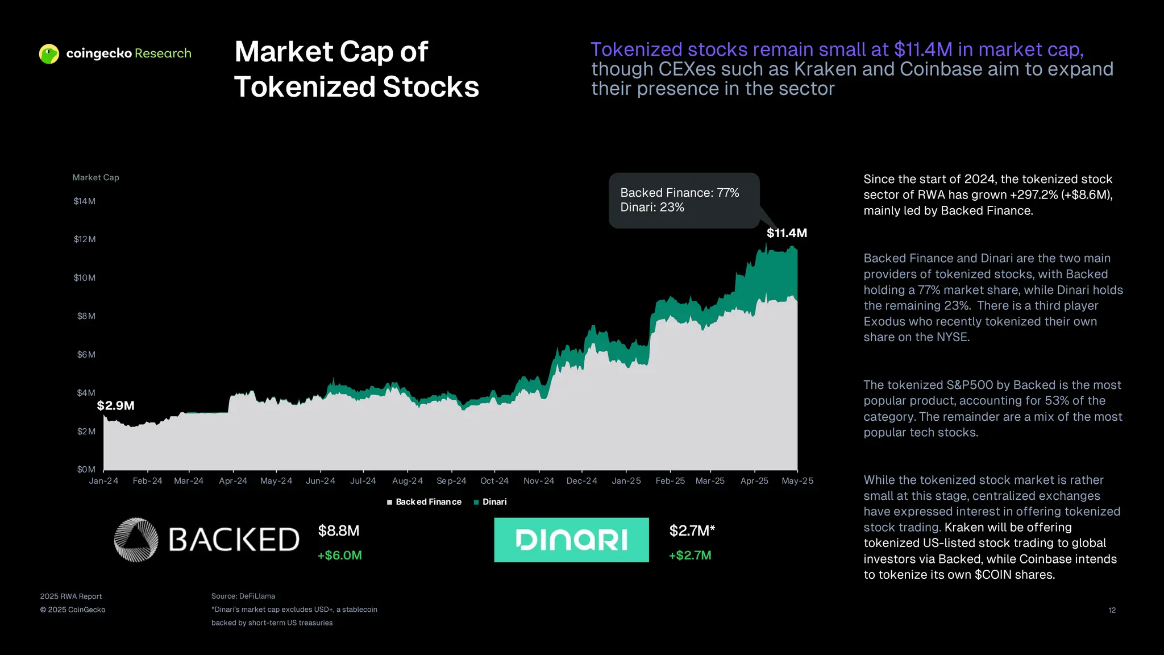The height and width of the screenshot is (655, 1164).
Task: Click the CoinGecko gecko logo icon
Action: click(49, 54)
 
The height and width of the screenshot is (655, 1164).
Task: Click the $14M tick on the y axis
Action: click(84, 201)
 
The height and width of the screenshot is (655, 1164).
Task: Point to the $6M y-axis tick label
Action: click(86, 355)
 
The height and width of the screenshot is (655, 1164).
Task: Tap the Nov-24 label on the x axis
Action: click(538, 481)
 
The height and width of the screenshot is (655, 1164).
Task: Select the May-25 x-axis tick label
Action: click(797, 481)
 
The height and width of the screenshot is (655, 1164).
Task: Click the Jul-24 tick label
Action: click(363, 481)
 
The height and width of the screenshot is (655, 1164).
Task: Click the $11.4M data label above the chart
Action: click(787, 233)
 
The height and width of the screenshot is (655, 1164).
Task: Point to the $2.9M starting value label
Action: click(115, 405)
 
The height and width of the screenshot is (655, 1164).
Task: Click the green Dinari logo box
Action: click(571, 540)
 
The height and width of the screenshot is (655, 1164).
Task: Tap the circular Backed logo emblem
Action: click(136, 540)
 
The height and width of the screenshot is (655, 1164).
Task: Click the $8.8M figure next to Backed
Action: click(339, 531)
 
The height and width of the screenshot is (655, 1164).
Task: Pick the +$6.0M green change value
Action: click(339, 555)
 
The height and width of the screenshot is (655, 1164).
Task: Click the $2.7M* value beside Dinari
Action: click(692, 531)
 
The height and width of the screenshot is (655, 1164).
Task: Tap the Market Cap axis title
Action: click(95, 177)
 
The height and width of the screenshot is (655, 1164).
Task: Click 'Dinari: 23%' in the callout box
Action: click(652, 208)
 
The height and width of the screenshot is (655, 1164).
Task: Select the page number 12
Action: click(1112, 610)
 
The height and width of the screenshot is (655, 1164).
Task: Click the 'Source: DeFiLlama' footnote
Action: click(243, 596)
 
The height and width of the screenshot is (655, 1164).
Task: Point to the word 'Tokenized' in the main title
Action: click(304, 87)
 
